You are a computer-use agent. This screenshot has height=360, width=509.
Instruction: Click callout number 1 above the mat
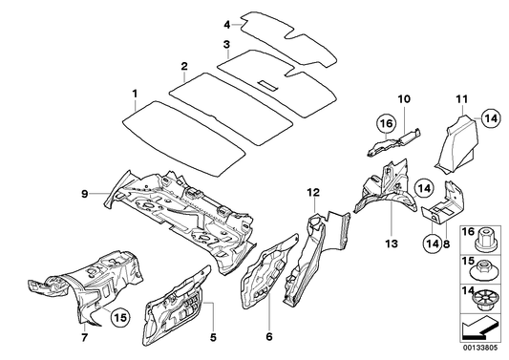tap(135, 93)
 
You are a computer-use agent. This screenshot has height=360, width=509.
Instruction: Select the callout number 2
tap(181, 66)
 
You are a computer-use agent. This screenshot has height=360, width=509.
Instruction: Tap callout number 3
tap(225, 44)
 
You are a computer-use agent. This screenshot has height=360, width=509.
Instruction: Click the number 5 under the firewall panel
tap(212, 336)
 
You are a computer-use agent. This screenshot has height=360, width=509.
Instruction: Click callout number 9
tap(85, 194)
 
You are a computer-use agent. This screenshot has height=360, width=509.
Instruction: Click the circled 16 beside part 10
tap(384, 123)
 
